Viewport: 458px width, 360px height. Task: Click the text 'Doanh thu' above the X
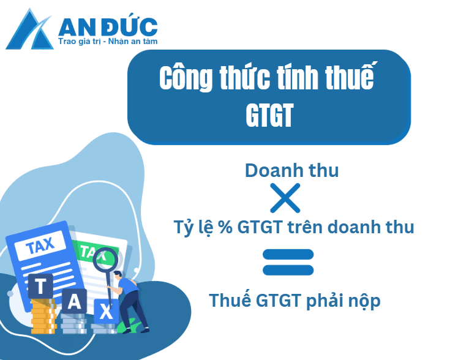(x=291, y=170)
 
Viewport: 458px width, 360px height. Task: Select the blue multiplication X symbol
(x=285, y=198)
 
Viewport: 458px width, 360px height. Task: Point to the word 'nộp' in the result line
(x=361, y=301)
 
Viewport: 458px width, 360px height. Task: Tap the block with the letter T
(x=41, y=285)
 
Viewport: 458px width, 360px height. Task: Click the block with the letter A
(x=74, y=301)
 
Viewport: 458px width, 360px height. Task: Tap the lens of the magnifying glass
(x=105, y=259)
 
